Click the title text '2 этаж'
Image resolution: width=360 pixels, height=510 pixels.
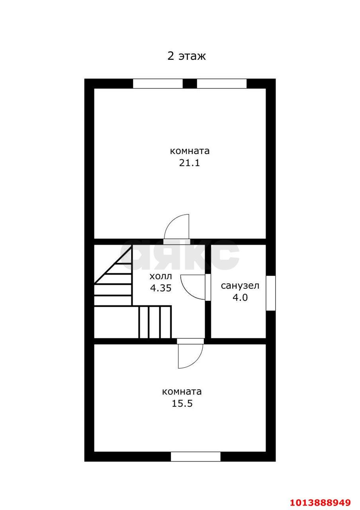(x=186, y=56)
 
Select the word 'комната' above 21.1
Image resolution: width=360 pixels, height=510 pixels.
(x=190, y=151)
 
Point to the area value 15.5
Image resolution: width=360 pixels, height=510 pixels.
(x=182, y=403)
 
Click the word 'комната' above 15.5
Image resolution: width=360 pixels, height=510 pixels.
(x=182, y=392)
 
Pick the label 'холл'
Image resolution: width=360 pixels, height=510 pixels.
(x=161, y=277)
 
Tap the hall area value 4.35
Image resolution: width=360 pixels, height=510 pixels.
(x=161, y=288)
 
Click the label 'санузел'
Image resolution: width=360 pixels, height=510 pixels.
(x=240, y=286)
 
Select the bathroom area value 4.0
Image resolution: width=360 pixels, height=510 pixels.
(x=240, y=297)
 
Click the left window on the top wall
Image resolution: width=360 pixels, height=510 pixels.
(x=158, y=84)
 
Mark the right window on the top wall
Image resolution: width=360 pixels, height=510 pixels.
(x=222, y=84)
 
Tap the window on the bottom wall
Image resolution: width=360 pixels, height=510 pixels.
(x=196, y=457)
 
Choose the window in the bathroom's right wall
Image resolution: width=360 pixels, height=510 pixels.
(x=271, y=293)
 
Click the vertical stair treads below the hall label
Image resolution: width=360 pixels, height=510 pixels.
(x=155, y=322)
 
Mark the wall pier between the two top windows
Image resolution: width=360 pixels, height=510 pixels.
(x=190, y=84)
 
